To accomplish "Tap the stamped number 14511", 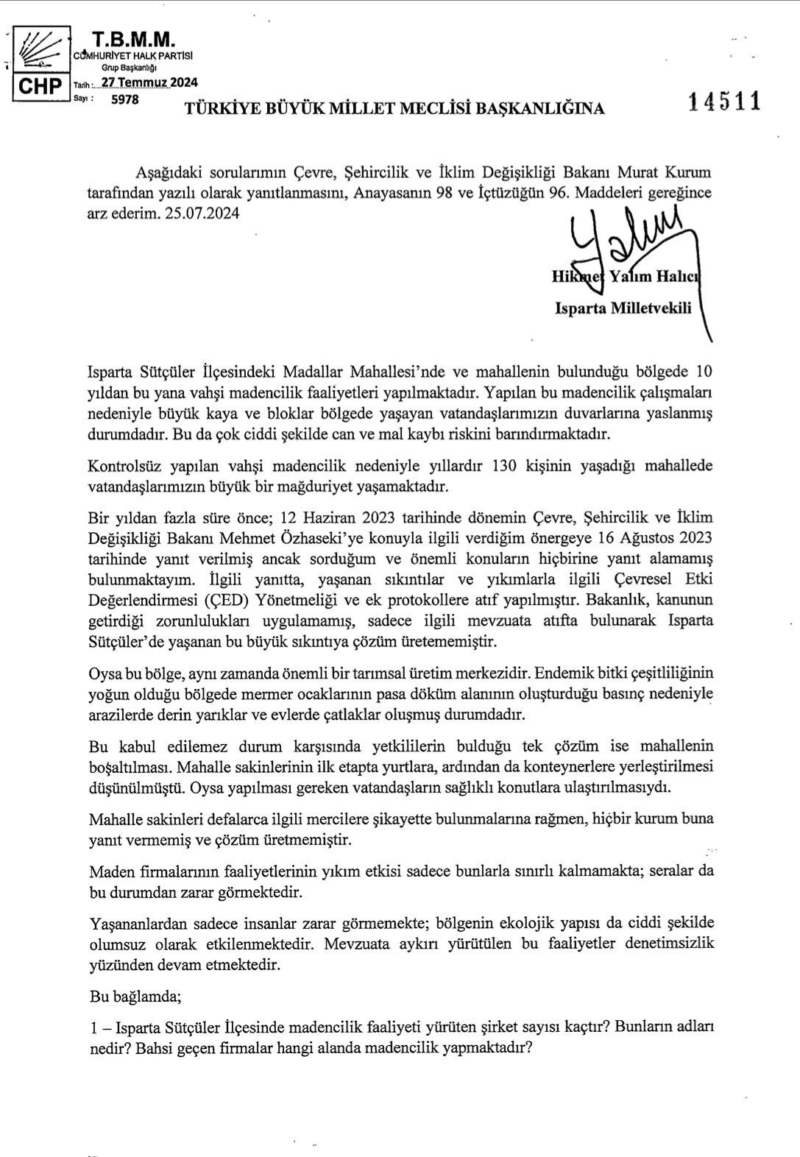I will [724, 102].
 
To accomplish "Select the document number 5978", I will [124, 99].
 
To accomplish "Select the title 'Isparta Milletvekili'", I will [623, 308].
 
